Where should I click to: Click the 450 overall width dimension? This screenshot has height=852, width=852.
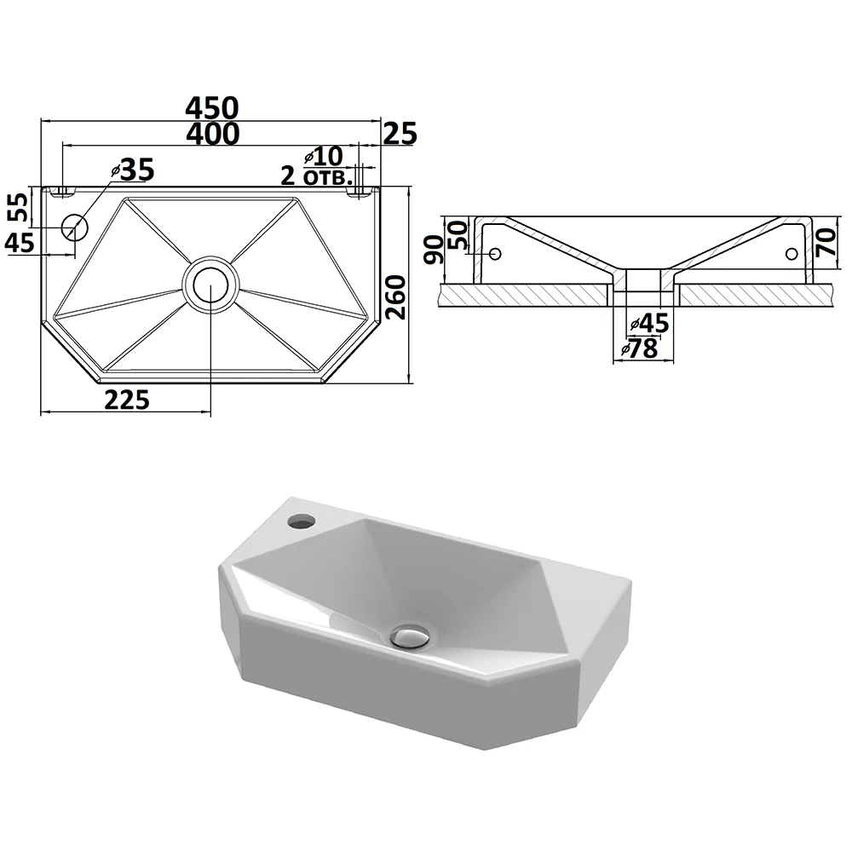pos(212,108)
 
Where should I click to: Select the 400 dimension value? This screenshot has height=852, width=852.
pos(212,134)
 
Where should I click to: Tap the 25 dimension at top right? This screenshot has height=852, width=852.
pos(400,135)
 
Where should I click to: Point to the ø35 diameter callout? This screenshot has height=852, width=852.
pos(133,170)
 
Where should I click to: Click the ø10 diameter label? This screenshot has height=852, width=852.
pos(324,157)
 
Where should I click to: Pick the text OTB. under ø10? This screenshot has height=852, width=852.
pos(328,178)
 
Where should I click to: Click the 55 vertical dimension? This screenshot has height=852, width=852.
pos(20,207)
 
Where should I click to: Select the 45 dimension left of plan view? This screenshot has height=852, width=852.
pos(20,242)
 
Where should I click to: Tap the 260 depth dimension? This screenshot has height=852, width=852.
pos(396,297)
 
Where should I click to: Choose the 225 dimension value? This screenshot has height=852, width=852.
pos(127,400)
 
